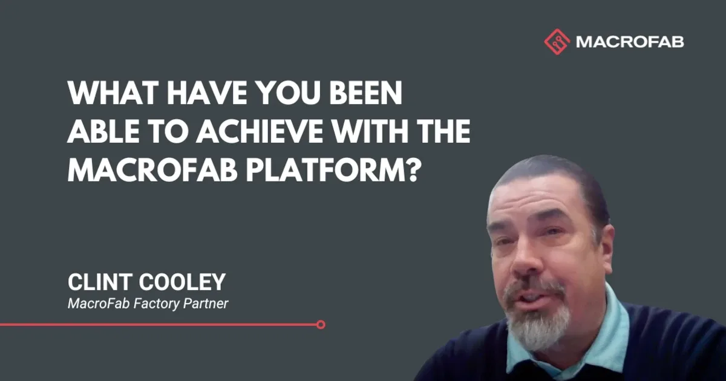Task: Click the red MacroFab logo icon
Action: pos(557,42)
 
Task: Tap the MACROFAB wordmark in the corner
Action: pos(630,42)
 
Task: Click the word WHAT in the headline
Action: pos(106,94)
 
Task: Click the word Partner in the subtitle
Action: pos(208,303)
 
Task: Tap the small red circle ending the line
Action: pos(321,325)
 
